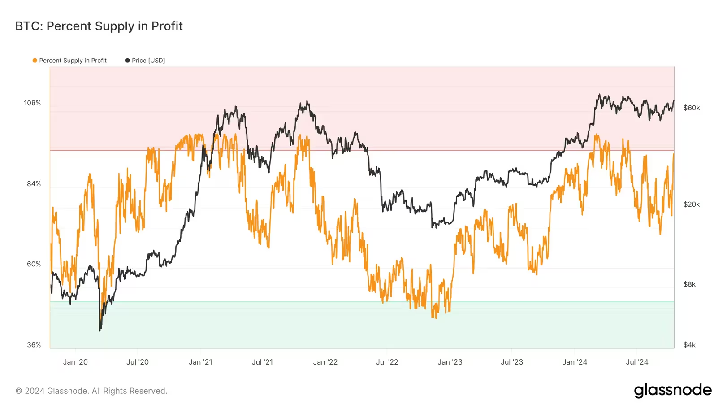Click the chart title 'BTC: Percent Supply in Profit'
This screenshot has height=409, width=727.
coord(99,26)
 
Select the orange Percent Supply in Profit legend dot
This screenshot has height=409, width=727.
coord(35,61)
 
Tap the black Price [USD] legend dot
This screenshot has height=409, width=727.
coord(128,61)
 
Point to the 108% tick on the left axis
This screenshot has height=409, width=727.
coord(32,103)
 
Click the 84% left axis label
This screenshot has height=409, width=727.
coord(34,184)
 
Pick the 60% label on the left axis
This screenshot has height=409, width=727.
coord(34,264)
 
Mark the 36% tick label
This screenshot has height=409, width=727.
coord(34,345)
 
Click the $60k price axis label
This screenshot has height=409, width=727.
coord(691,108)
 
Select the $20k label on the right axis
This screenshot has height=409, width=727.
coord(691,204)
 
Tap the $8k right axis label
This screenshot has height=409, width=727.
coord(689,284)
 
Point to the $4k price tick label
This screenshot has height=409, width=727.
coord(689,345)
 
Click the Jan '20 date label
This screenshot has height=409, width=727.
coord(75,362)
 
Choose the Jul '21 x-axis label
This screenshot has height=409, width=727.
coord(262,362)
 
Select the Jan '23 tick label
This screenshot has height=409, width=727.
coord(450,362)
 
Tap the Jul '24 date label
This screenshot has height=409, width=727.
coord(637,362)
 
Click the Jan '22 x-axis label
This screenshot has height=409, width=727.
coord(325,362)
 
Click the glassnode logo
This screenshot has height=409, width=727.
coord(672,390)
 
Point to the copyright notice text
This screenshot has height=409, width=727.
coord(91,391)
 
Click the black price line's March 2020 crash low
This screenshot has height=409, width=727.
coord(100,331)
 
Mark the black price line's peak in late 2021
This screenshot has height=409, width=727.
coord(307,102)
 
